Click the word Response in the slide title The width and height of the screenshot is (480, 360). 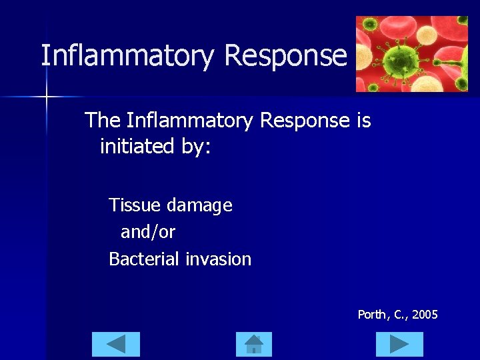click(286, 55)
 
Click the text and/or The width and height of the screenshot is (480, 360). click(147, 232)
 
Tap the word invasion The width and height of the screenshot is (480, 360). click(219, 259)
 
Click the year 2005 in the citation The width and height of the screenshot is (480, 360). click(425, 314)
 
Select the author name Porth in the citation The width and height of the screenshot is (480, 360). click(372, 314)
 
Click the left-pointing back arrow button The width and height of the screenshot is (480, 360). click(116, 344)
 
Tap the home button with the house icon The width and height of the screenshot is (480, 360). click(254, 344)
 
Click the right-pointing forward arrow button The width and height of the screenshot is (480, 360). click(399, 344)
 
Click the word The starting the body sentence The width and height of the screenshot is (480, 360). click(103, 121)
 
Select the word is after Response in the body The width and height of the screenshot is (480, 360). click(363, 121)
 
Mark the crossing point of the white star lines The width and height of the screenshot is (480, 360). click(47, 97)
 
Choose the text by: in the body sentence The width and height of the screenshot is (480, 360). click(195, 145)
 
